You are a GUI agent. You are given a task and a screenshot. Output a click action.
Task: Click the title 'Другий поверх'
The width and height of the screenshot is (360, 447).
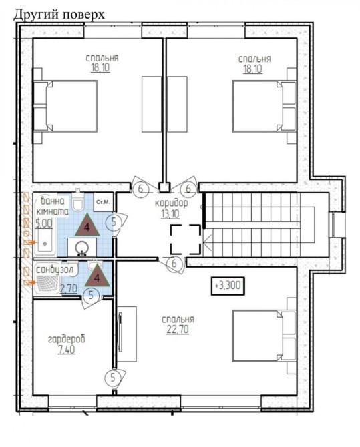tap(59, 14)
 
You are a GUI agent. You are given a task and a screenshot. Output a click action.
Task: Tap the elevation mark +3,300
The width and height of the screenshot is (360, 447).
tap(228, 285)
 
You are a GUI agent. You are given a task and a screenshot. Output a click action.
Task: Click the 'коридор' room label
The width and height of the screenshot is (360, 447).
tap(172, 203)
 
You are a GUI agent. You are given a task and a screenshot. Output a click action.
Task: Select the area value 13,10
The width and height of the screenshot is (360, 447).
tap(170, 213)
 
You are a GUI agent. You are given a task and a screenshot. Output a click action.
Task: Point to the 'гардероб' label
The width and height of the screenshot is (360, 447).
tap(67, 339)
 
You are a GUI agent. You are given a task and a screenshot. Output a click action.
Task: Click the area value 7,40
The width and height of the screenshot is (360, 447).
tap(67, 350)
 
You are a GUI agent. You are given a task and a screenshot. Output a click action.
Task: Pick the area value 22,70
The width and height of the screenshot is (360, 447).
tap(178, 330)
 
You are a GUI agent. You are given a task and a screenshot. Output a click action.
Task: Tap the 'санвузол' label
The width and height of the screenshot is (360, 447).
tap(55, 270)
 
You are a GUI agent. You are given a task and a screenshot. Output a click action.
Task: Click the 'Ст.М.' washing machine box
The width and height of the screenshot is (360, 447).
tap(104, 202)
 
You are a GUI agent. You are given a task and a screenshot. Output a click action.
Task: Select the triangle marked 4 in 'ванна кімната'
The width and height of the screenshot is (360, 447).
tap(87, 226)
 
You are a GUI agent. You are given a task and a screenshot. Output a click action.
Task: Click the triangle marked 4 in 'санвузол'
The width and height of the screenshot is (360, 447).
tap(97, 276)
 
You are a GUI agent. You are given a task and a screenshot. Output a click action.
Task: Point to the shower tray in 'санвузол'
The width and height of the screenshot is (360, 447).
tap(47, 284)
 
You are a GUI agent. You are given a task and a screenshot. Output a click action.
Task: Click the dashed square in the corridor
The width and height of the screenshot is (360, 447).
tap(186, 240)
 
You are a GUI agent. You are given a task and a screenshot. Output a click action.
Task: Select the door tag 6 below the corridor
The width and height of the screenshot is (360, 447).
tap(174, 264)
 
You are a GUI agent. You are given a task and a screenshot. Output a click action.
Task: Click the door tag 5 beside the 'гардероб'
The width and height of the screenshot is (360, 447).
tap(113, 378)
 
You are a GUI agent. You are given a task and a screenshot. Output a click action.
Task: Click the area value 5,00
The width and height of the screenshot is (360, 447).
tap(44, 223)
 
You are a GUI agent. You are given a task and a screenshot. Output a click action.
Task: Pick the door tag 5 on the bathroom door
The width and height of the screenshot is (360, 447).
tap(114, 222)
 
